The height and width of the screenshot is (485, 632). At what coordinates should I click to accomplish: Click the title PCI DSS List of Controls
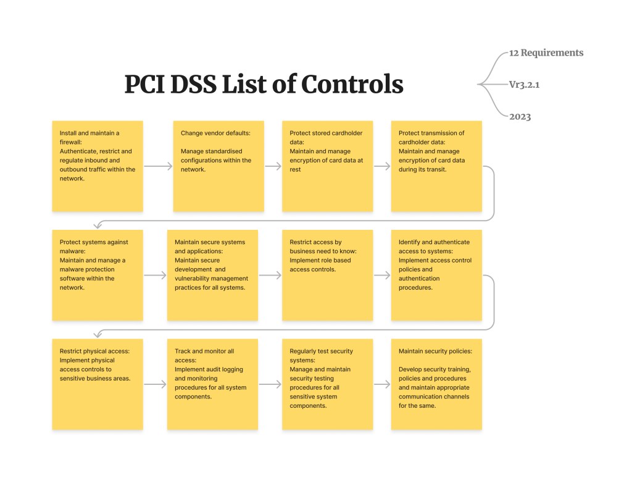click(264, 84)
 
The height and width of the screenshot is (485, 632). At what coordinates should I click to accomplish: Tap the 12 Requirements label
click(546, 53)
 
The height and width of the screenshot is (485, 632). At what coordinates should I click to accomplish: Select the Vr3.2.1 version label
click(524, 84)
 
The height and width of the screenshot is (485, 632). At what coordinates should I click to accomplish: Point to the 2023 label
click(520, 117)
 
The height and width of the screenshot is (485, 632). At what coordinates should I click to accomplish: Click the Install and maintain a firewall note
click(98, 166)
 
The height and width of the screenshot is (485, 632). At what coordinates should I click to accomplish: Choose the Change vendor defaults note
click(218, 166)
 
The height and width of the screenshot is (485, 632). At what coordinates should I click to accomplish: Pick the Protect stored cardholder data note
click(327, 166)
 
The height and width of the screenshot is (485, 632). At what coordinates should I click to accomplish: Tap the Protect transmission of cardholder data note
click(436, 166)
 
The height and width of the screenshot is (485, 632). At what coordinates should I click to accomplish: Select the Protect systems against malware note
click(98, 275)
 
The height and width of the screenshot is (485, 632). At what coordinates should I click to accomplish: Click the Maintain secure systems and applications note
click(212, 275)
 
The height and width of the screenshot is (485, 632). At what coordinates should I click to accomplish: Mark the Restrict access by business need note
click(327, 275)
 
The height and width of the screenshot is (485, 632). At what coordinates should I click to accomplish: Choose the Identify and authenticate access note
click(436, 275)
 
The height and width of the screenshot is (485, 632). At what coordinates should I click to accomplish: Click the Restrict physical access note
click(98, 384)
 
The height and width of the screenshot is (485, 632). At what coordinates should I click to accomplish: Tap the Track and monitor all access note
click(212, 384)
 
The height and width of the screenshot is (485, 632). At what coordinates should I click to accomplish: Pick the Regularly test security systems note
click(327, 384)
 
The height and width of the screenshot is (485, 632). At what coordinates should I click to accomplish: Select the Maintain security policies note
click(436, 384)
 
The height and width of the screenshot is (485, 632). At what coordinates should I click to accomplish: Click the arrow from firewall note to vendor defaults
click(158, 166)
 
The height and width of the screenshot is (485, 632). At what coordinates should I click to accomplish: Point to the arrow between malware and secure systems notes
click(155, 275)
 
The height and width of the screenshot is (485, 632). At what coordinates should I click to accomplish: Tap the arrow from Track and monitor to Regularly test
click(270, 384)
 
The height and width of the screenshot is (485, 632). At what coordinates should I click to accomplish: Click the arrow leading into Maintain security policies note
click(382, 384)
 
